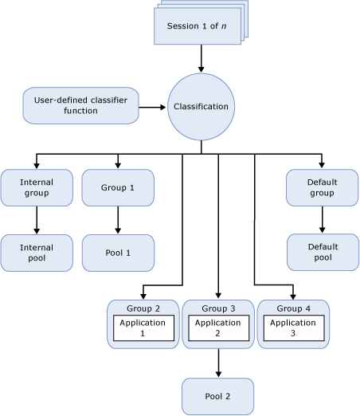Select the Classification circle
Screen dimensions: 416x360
pos(201,106)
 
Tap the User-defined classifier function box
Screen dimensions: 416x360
pos(80,105)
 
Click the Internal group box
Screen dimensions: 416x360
pos(36,187)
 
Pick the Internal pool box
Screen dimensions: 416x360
pos(36,253)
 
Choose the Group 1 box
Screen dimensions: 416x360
pos(118,187)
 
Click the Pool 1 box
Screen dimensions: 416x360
pos(118,253)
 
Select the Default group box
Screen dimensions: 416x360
pos(322,187)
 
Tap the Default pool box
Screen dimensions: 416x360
pos(322,253)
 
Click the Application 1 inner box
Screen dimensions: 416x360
pos(143,328)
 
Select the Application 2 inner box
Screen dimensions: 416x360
pos(217,328)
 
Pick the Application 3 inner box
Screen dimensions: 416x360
pos(292,328)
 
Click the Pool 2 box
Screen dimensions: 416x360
pos(217,396)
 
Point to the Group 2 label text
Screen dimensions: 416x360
pos(143,308)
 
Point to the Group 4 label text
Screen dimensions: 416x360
pos(292,308)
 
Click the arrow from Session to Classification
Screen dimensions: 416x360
pos(201,58)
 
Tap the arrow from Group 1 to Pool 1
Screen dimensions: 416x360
pos(118,220)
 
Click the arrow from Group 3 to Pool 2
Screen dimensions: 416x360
pos(217,363)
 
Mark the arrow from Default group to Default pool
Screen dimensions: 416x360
pos(322,220)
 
